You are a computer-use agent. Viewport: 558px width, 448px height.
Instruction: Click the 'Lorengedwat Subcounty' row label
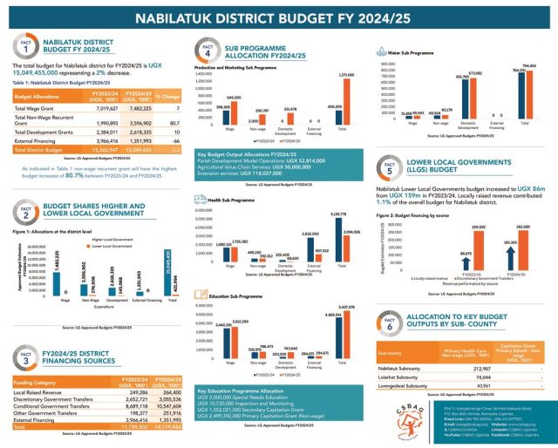click(405, 385)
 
